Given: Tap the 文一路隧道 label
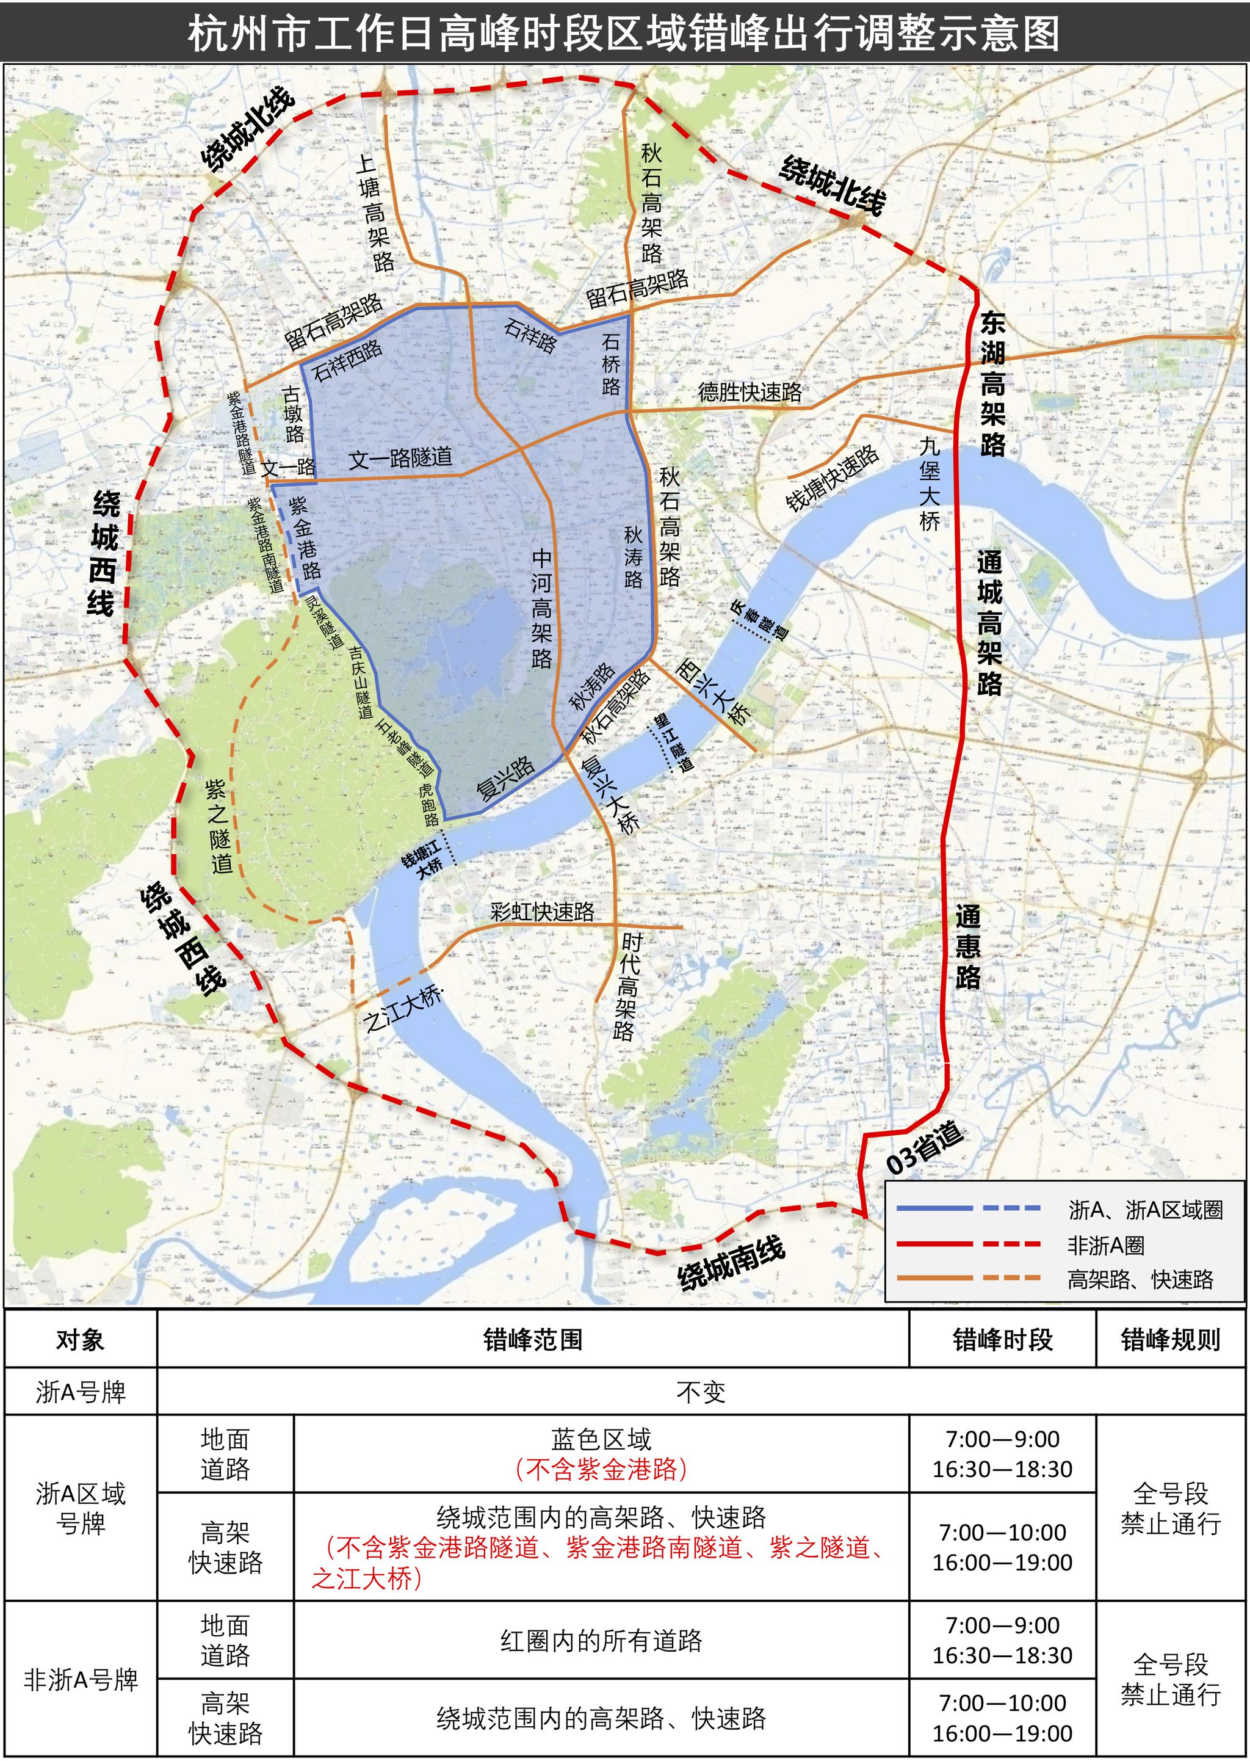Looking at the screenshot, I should pyautogui.click(x=400, y=458).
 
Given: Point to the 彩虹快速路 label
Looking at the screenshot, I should pyautogui.click(x=543, y=912).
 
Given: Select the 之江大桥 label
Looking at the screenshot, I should pyautogui.click(x=403, y=1009).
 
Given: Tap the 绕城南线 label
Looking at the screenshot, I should pyautogui.click(x=731, y=1262).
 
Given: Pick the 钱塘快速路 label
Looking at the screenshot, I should pyautogui.click(x=832, y=477).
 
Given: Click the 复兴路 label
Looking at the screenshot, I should pyautogui.click(x=505, y=778).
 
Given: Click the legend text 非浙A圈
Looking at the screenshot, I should pyautogui.click(x=1105, y=1245).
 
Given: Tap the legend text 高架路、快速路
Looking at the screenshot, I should pyautogui.click(x=1140, y=1280).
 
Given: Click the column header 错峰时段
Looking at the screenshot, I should pyautogui.click(x=1002, y=1340).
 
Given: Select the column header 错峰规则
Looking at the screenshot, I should pyautogui.click(x=1170, y=1340).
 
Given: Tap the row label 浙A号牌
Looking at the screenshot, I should pyautogui.click(x=81, y=1392).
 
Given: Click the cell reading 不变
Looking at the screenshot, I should pyautogui.click(x=701, y=1392).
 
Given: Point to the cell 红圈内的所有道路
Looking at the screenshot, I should pyautogui.click(x=601, y=1641).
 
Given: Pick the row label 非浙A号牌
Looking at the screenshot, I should pyautogui.click(x=81, y=1679).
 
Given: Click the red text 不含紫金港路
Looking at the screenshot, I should pyautogui.click(x=601, y=1469).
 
